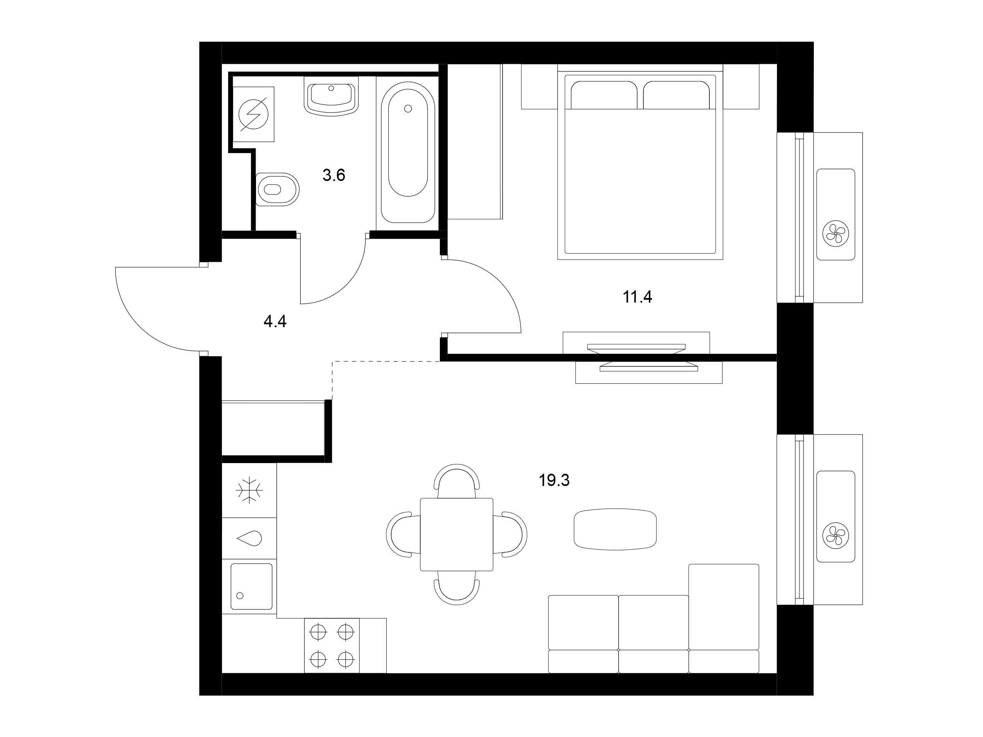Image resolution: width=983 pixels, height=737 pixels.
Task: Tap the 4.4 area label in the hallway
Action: [x=275, y=321]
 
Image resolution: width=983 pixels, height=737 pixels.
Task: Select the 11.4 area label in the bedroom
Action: [x=637, y=296]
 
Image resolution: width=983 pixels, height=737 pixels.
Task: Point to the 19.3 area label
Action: [x=554, y=480]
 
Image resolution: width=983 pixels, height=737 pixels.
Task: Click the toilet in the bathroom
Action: [x=277, y=189]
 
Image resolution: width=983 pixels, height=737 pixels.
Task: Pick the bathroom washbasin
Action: [x=331, y=96]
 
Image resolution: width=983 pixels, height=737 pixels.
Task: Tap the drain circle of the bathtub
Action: [x=408, y=109]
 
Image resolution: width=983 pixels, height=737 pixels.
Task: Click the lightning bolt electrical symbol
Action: [x=253, y=115]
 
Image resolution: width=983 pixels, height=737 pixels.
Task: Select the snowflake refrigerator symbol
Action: [x=249, y=491]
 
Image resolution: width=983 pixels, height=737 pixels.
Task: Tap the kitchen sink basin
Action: [x=251, y=586]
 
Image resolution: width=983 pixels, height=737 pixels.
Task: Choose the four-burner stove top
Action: [x=331, y=645]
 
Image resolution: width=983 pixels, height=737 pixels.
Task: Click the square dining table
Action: [x=456, y=534]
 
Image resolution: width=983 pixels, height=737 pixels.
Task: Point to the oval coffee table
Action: [x=615, y=529]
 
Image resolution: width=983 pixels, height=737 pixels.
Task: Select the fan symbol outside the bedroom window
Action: [x=836, y=232]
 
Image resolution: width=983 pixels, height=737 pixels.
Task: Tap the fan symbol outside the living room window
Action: [x=836, y=534]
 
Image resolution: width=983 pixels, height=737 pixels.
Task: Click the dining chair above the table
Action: [x=456, y=481]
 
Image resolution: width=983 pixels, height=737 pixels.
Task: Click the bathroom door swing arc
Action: [x=346, y=284]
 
